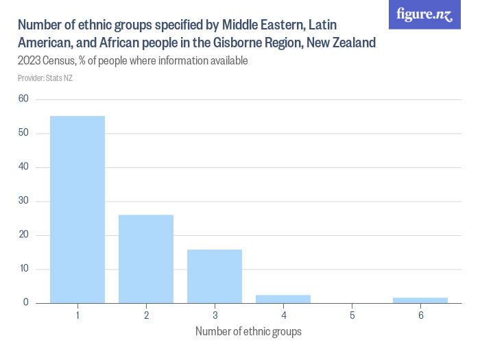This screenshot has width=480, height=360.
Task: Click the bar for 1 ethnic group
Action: [x=77, y=209]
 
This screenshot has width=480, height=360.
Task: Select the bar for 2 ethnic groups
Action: [x=146, y=259]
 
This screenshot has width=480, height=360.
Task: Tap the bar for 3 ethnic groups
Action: [x=215, y=276]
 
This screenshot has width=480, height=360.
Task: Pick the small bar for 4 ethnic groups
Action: [x=283, y=299]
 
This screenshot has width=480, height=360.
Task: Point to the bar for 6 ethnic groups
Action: [x=420, y=300]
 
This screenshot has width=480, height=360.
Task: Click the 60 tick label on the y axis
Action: [x=23, y=99]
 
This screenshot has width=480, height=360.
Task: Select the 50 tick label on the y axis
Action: [x=23, y=133]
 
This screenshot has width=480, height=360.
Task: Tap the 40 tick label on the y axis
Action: [x=23, y=167]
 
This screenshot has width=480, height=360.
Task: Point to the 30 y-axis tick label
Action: [x=23, y=201]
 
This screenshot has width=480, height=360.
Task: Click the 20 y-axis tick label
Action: [x=23, y=235]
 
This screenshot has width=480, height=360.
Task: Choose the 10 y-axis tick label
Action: [x=23, y=269]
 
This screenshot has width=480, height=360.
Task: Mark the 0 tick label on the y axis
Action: [x=26, y=302]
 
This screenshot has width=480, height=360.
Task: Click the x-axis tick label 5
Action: [x=352, y=315]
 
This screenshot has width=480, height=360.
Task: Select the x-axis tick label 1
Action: [x=77, y=315]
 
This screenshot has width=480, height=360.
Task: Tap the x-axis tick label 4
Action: [x=283, y=315]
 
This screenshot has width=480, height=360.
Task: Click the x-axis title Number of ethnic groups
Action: [x=248, y=332]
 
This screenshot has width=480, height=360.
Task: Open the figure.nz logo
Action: [x=424, y=14]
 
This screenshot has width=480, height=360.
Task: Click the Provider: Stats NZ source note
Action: [x=45, y=78]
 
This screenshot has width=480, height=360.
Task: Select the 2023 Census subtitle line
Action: [x=132, y=61]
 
